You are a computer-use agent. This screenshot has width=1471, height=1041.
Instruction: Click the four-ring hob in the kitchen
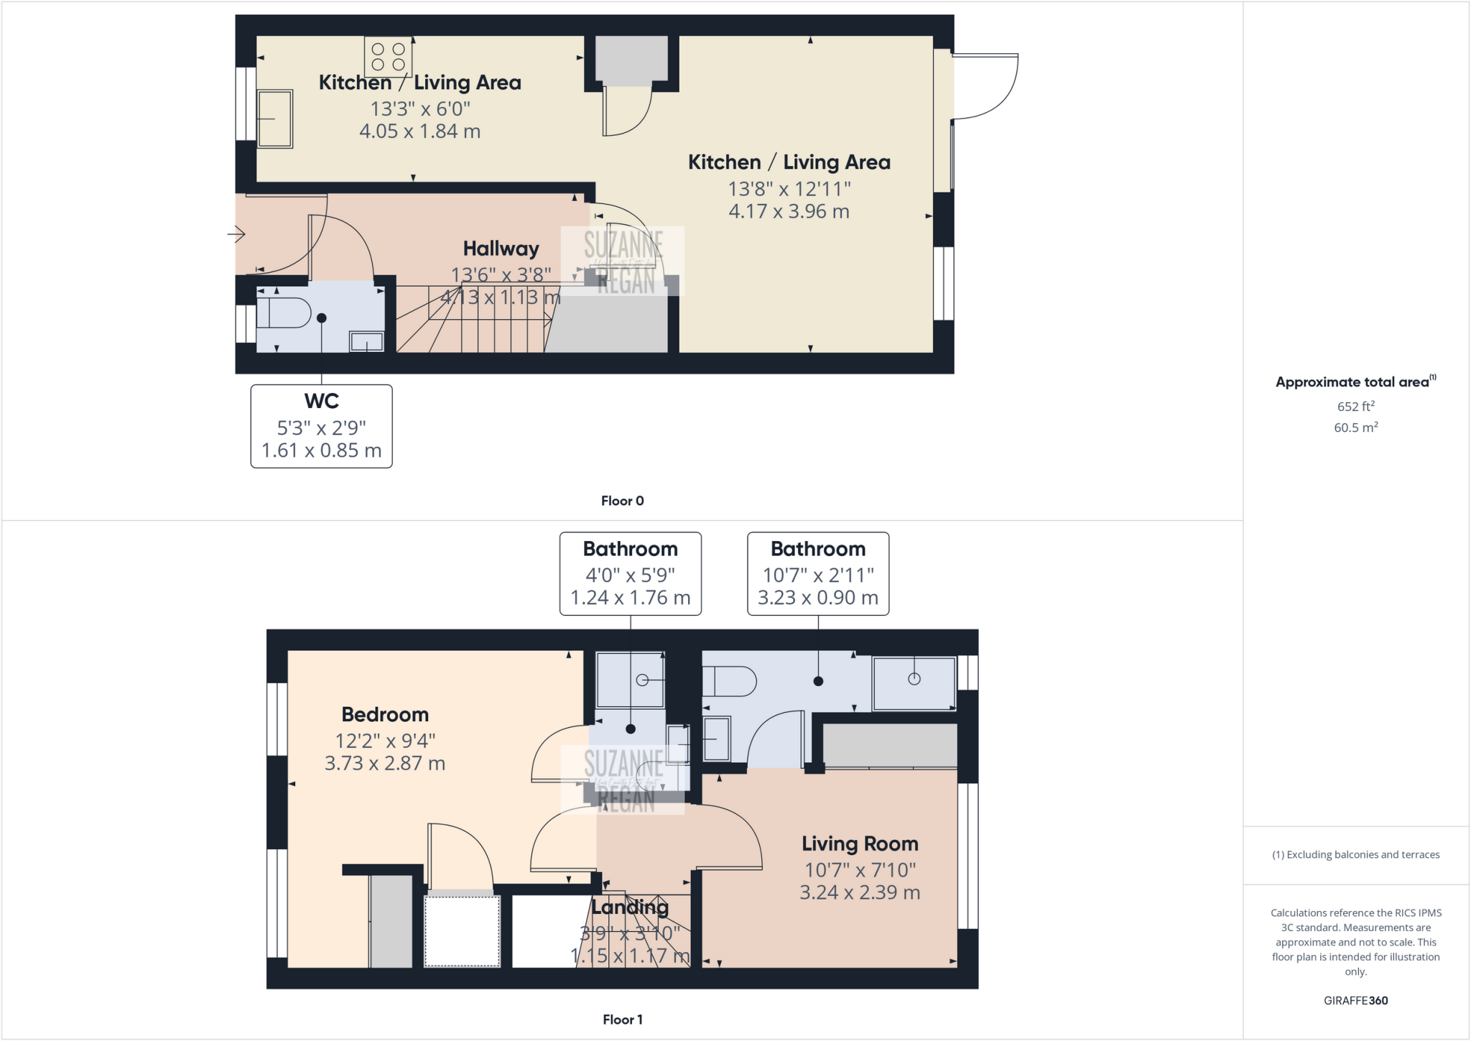[388, 57]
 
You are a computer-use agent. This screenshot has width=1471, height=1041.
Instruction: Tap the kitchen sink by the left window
[274, 119]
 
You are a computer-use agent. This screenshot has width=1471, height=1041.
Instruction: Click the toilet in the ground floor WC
[282, 313]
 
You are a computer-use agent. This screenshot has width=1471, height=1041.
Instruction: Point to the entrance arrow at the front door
[237, 234]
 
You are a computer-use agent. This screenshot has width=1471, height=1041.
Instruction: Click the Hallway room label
[501, 249]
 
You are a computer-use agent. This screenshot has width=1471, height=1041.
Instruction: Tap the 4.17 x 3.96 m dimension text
[789, 211]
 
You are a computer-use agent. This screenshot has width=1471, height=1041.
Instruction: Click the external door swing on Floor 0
[988, 86]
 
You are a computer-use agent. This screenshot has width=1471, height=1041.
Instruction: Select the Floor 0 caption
[622, 501]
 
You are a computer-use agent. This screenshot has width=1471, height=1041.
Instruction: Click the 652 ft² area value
[1355, 406]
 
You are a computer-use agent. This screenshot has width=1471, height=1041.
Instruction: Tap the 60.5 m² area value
[1355, 427]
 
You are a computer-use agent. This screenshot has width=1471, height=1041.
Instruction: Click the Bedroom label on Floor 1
[385, 714]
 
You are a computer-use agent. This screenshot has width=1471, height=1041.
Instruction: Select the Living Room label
[860, 843]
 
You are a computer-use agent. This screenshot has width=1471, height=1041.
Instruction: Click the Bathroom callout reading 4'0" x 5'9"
[630, 573]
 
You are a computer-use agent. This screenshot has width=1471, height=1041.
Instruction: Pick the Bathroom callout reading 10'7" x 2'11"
[818, 573]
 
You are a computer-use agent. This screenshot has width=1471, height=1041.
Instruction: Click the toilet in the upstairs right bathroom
[728, 681]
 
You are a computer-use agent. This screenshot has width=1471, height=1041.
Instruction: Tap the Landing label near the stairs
[630, 907]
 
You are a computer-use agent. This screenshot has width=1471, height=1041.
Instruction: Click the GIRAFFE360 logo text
[1355, 1000]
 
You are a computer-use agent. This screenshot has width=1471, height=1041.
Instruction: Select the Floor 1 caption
[622, 1019]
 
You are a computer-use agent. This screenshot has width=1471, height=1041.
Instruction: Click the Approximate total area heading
[1353, 382]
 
